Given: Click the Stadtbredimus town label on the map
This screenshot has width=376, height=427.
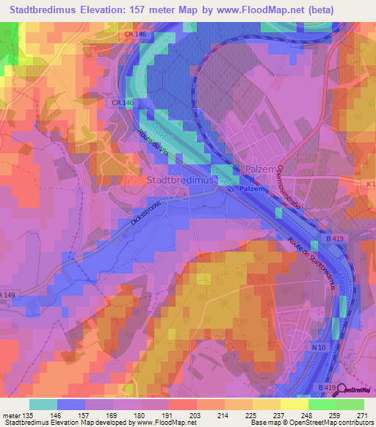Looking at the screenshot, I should [x=180, y=180].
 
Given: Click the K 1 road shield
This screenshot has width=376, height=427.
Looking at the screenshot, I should [x=369, y=183].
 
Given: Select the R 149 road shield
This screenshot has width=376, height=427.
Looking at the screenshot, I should [x=7, y=295].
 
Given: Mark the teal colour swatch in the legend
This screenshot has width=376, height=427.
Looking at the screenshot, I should [x=43, y=404].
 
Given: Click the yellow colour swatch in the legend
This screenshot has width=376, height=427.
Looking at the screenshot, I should [x=294, y=404].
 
